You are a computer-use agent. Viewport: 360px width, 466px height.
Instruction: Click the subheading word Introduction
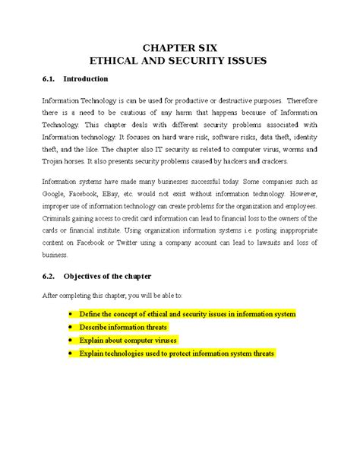pyautogui.click(x=86, y=79)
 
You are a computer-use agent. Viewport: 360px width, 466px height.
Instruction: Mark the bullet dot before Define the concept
pyautogui.click(x=71, y=314)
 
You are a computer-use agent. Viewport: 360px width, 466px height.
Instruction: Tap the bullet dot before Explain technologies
pyautogui.click(x=71, y=353)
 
